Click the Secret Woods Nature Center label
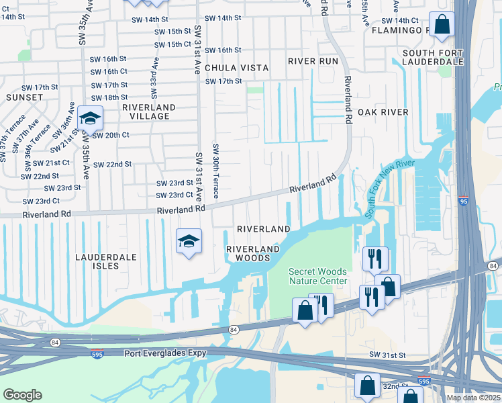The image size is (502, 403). tap(318, 276)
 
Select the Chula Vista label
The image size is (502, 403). tap(236, 68)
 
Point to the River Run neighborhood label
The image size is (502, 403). tap(313, 60)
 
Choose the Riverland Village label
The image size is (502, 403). tap(149, 111)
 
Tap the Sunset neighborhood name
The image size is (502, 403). tap(25, 97)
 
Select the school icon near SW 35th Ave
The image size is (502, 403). tap(90, 119)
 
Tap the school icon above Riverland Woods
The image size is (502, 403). tap(189, 241)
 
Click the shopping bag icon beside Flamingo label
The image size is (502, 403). tap(443, 26)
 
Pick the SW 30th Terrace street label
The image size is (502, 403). tap(215, 171)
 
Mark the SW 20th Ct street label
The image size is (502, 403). tap(111, 135)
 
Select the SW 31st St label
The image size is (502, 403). tap(388, 354)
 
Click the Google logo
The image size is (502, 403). tap(22, 395)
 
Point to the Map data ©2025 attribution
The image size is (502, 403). tap(473, 398)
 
